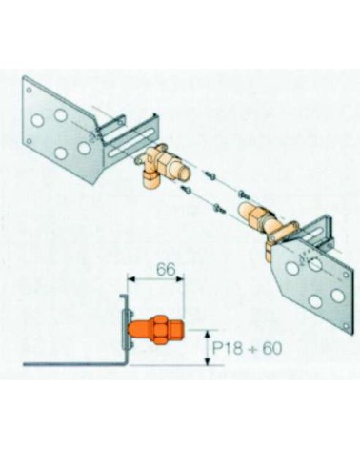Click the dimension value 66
166,270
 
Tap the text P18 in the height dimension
229,349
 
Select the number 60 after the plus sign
271,349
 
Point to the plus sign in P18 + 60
253,349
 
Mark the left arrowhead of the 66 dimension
131,278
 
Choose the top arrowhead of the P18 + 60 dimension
208,334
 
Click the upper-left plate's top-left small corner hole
29,90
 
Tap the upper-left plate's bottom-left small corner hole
29,141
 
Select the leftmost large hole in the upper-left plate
37,120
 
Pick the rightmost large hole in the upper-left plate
84,148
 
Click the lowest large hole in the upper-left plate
60,153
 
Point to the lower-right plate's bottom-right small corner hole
346,326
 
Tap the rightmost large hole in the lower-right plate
337,296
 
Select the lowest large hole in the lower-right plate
315,301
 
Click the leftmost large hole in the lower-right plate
292,269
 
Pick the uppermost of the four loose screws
209,174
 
